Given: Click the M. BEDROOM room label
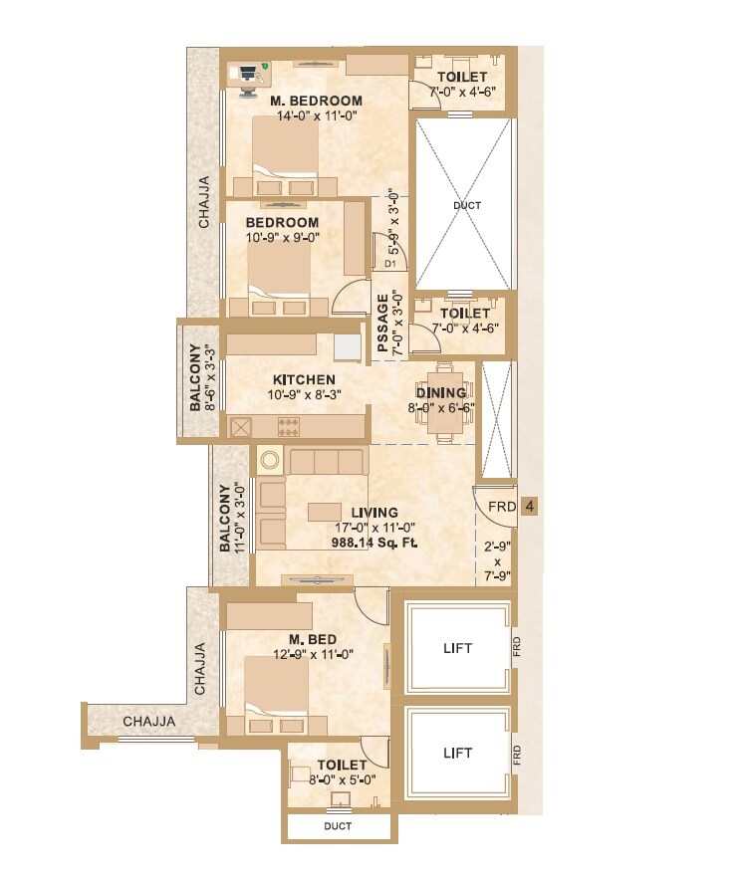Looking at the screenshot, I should (x=316, y=101).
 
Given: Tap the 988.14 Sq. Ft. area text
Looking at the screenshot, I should (x=373, y=543).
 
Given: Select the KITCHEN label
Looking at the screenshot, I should (x=303, y=379).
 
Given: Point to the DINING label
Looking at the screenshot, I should (x=440, y=393).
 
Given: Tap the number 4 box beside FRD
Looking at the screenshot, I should (x=530, y=507).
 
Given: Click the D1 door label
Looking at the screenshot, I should (x=390, y=265).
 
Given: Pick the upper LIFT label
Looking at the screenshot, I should (x=458, y=648).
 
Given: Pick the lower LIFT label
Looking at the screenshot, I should (x=458, y=753).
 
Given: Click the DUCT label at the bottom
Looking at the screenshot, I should (x=337, y=826).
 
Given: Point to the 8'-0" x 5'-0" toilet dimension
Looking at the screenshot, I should (x=337, y=780).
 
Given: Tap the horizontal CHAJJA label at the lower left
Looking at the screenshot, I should (x=149, y=721).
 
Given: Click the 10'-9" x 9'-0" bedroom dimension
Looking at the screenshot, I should (x=283, y=238).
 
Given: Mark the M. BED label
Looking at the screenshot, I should (x=313, y=639).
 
